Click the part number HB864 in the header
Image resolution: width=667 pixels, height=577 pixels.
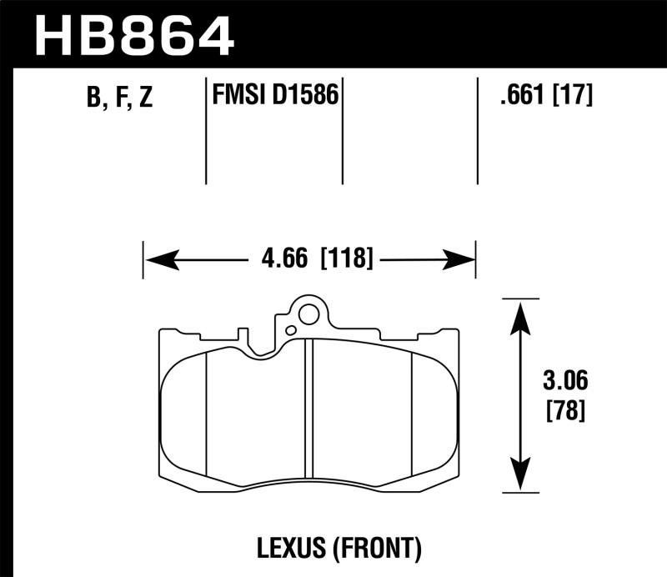133,34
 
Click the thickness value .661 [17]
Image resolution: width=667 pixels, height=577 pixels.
545,97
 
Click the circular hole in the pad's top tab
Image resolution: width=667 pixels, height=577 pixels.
308,315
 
